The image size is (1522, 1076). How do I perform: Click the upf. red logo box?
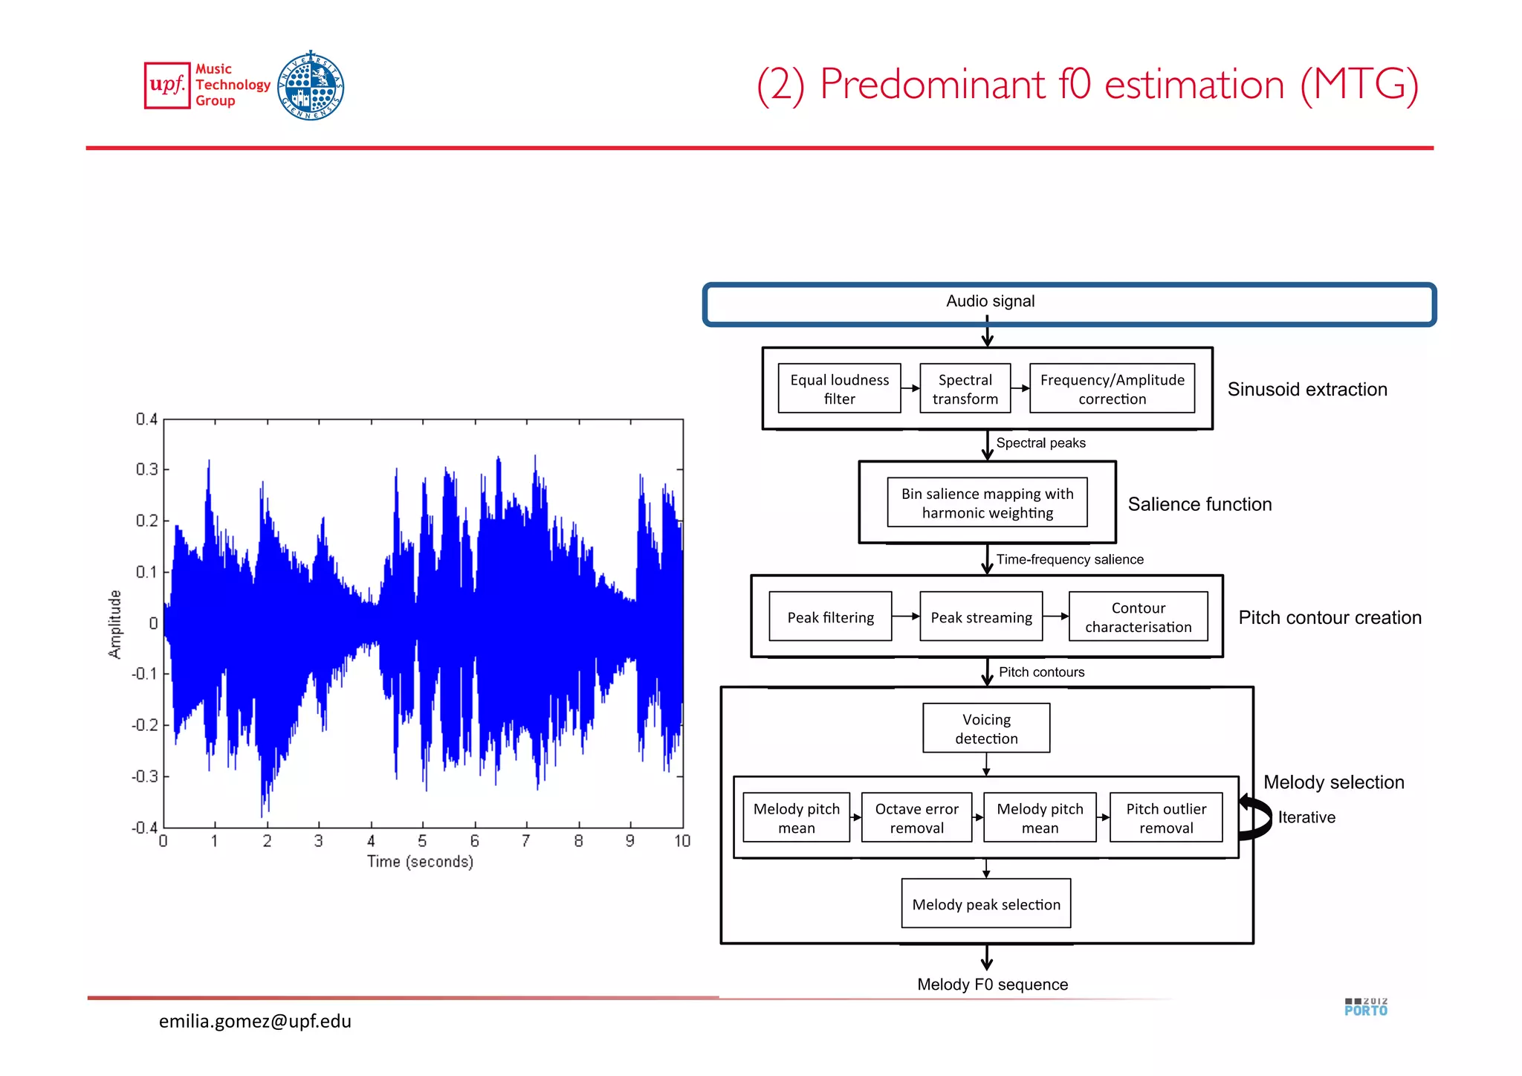click(x=167, y=85)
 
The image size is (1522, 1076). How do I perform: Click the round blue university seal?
click(x=311, y=86)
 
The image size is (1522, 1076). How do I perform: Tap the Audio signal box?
click(x=1069, y=303)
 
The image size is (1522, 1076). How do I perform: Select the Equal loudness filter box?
click(x=839, y=389)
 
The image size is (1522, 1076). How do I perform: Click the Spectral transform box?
click(x=965, y=389)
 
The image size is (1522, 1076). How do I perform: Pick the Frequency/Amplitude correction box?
click(x=1112, y=389)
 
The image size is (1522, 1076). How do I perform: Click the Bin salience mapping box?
click(x=987, y=503)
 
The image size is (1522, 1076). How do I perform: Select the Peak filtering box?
click(x=830, y=617)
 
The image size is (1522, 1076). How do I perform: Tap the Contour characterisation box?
click(x=1138, y=617)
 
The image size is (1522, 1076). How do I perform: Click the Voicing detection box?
click(x=986, y=729)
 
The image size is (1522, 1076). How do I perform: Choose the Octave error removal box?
click(x=916, y=818)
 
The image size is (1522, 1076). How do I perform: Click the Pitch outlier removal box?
click(x=1165, y=818)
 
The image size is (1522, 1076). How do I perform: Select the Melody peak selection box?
click(x=986, y=904)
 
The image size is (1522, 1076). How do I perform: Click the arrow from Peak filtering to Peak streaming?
click(x=906, y=616)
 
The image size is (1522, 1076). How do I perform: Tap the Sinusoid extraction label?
click(x=1306, y=389)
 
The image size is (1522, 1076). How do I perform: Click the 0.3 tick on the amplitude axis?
click(x=146, y=469)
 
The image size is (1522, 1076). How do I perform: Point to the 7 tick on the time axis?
click(x=526, y=841)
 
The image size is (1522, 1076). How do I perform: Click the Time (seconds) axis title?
click(x=420, y=861)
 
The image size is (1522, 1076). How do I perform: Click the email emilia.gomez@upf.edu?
click(x=255, y=1021)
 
